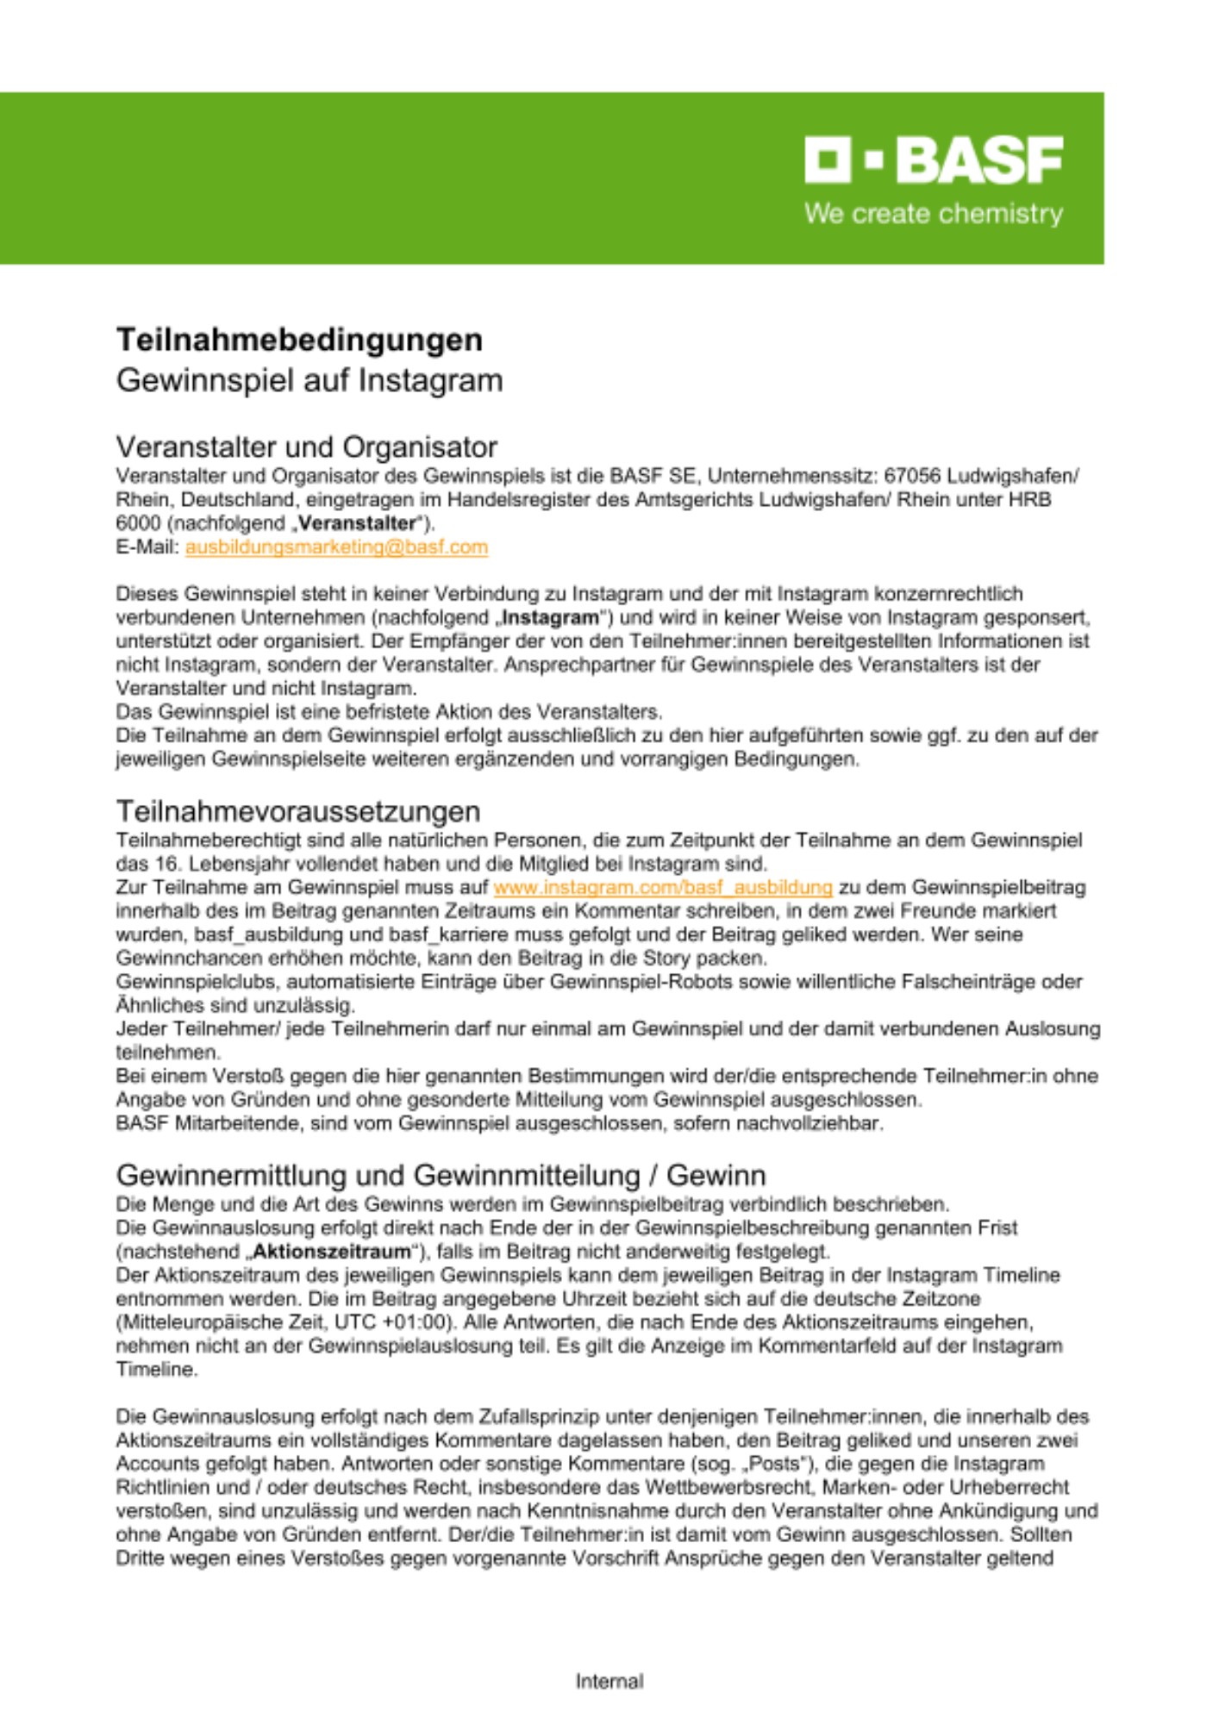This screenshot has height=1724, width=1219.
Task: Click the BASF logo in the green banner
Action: (x=933, y=159)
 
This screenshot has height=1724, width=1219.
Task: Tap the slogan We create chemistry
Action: (x=933, y=214)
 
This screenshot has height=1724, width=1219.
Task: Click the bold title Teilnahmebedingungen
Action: (x=299, y=339)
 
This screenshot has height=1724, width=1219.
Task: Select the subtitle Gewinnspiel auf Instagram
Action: (x=309, y=380)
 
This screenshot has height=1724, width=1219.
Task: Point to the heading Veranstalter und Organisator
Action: (x=306, y=447)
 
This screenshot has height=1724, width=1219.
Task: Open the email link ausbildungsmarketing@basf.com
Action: (x=336, y=547)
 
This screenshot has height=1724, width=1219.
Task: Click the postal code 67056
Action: (x=912, y=476)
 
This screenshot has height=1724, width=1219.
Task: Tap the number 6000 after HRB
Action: (x=138, y=523)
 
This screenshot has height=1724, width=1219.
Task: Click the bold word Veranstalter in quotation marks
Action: (x=357, y=523)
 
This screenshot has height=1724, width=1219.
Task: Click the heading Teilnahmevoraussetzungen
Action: (x=297, y=811)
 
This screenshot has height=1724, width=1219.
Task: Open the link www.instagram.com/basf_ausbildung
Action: (x=663, y=888)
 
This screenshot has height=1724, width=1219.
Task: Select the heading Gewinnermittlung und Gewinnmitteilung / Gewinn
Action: (x=441, y=1175)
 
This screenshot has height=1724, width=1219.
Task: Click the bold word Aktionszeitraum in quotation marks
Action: (x=332, y=1252)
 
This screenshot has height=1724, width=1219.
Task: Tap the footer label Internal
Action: (x=609, y=1681)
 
